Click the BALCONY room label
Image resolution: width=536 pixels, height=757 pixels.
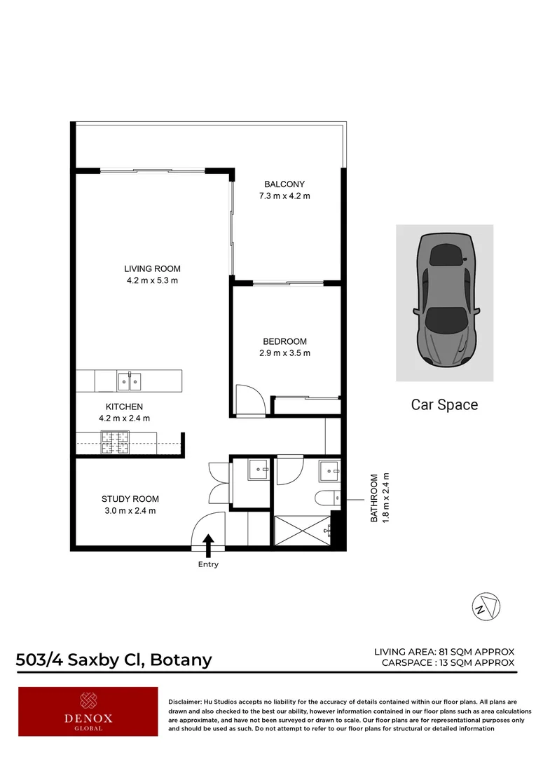284,184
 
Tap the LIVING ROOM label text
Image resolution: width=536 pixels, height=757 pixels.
152,268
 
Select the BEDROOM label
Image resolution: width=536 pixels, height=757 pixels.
284,341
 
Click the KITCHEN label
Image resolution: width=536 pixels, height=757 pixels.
124,407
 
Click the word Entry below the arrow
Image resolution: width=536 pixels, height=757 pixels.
208,564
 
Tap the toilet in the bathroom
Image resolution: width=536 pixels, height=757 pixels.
326,499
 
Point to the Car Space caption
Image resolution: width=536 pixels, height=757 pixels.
444,404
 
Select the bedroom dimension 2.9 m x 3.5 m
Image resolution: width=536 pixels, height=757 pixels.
284,353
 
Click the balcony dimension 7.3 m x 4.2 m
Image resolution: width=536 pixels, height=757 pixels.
284,196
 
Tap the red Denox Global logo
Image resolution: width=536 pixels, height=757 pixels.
88,711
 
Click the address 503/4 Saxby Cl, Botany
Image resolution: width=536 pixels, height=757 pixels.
114,660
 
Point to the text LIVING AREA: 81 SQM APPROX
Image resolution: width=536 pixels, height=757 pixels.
444,652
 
